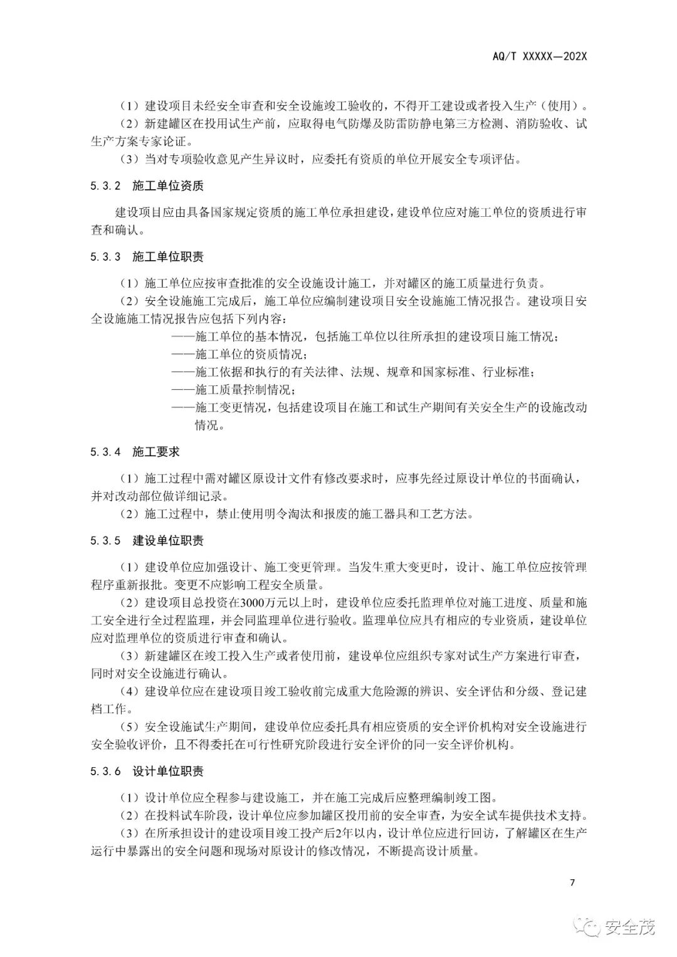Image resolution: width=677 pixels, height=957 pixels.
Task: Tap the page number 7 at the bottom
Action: (572, 883)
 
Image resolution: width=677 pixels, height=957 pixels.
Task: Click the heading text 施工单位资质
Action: (168, 187)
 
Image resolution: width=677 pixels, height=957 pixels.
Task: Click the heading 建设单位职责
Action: (168, 541)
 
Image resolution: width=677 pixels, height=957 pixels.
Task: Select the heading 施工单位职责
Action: (168, 257)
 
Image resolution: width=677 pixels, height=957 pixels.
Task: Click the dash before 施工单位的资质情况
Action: (182, 354)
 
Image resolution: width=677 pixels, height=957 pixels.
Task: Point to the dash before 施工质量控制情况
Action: (182, 389)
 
